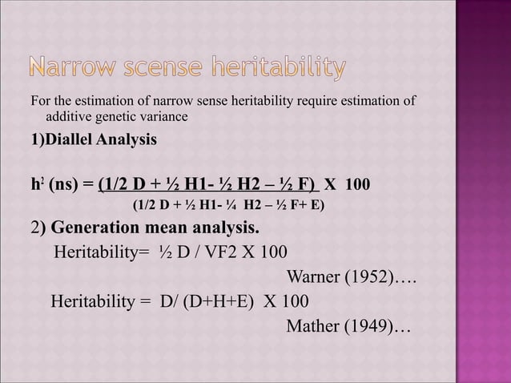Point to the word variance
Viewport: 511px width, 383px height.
pos(163,118)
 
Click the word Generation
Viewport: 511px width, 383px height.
pos(95,224)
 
